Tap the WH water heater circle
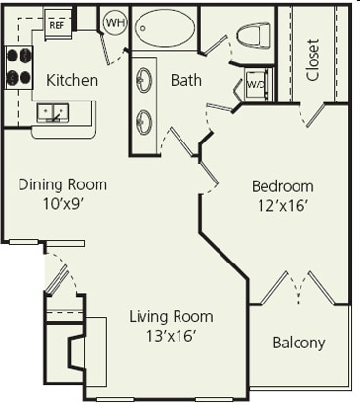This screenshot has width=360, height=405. pyautogui.click(x=115, y=22)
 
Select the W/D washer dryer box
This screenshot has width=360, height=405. pyautogui.click(x=256, y=85)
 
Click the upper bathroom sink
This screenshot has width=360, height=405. pyautogui.click(x=145, y=79)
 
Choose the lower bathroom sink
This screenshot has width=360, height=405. pyautogui.click(x=145, y=120)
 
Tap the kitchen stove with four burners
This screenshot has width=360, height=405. pyautogui.click(x=20, y=68)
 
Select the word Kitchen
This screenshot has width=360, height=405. pyautogui.click(x=71, y=80)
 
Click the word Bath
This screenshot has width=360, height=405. pyautogui.click(x=186, y=80)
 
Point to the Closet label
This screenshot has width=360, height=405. pyautogui.click(x=313, y=61)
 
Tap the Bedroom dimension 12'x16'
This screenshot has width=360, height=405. pyautogui.click(x=282, y=205)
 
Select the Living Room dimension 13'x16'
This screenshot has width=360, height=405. pyautogui.click(x=171, y=336)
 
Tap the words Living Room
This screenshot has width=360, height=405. pyautogui.click(x=172, y=317)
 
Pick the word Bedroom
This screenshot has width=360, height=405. pyautogui.click(x=282, y=186)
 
